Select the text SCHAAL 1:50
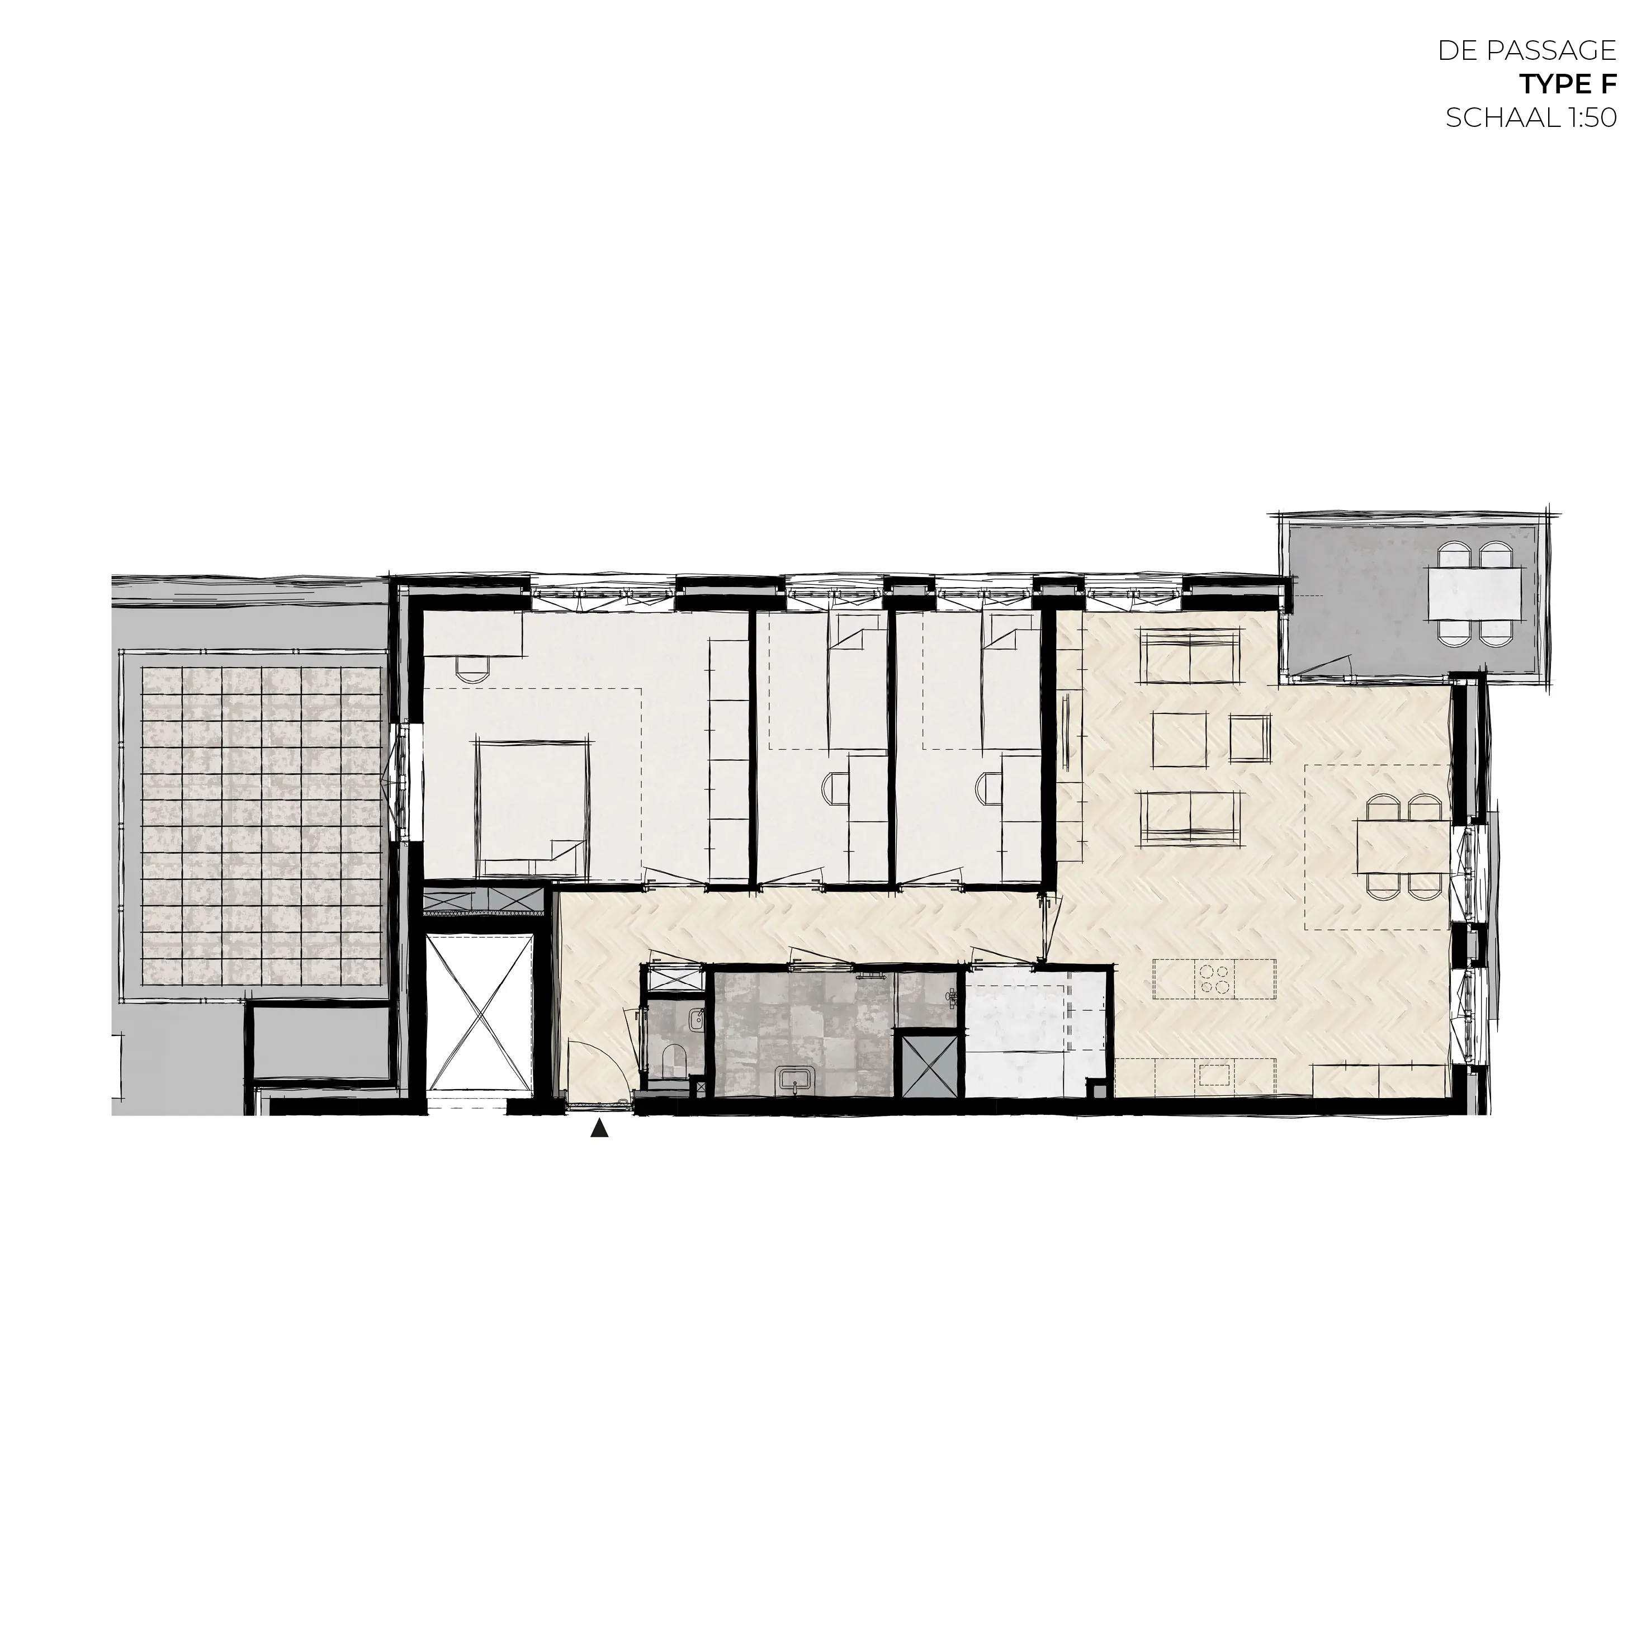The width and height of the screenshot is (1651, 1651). (1530, 118)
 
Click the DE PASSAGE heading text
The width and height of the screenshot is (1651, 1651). (1527, 50)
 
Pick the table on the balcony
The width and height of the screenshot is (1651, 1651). (1474, 594)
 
